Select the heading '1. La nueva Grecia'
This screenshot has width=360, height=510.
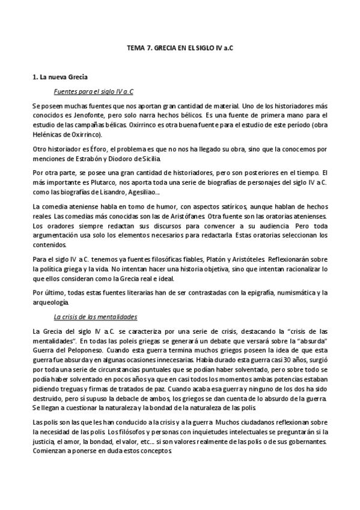[59, 78]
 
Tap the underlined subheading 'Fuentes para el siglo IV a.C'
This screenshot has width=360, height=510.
[93, 91]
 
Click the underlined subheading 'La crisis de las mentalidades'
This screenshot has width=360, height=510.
[96, 316]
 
